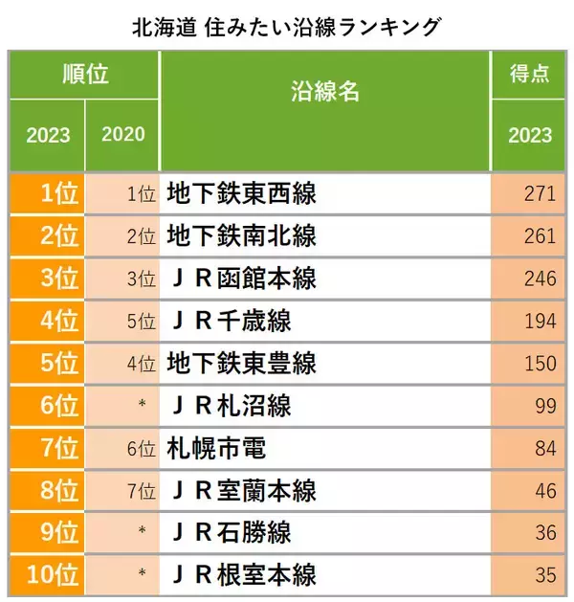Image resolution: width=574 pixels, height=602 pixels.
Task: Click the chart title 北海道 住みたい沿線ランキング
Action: tap(287, 24)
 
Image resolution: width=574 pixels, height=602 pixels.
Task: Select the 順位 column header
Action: tap(84, 74)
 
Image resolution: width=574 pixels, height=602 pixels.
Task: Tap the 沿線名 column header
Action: tap(324, 93)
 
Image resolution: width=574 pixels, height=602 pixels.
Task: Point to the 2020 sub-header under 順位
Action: tap(121, 134)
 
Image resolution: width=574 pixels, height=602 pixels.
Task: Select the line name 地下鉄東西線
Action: tap(241, 194)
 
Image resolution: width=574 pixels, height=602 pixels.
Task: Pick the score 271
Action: tap(540, 194)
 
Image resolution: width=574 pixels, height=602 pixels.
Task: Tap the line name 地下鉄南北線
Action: tap(241, 236)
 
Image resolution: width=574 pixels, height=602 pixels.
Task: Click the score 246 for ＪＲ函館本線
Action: tap(540, 279)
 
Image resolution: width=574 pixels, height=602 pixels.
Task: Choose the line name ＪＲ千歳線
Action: tap(230, 322)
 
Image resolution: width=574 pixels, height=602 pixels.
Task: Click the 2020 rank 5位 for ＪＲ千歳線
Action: tap(141, 323)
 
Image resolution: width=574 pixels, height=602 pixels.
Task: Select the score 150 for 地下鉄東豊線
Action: tap(540, 364)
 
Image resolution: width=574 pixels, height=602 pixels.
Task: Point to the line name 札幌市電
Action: tap(215, 448)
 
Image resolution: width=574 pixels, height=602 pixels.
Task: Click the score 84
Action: tap(544, 449)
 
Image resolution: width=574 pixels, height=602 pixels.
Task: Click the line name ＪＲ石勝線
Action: tap(230, 533)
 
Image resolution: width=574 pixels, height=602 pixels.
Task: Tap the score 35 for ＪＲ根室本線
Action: tap(544, 575)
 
